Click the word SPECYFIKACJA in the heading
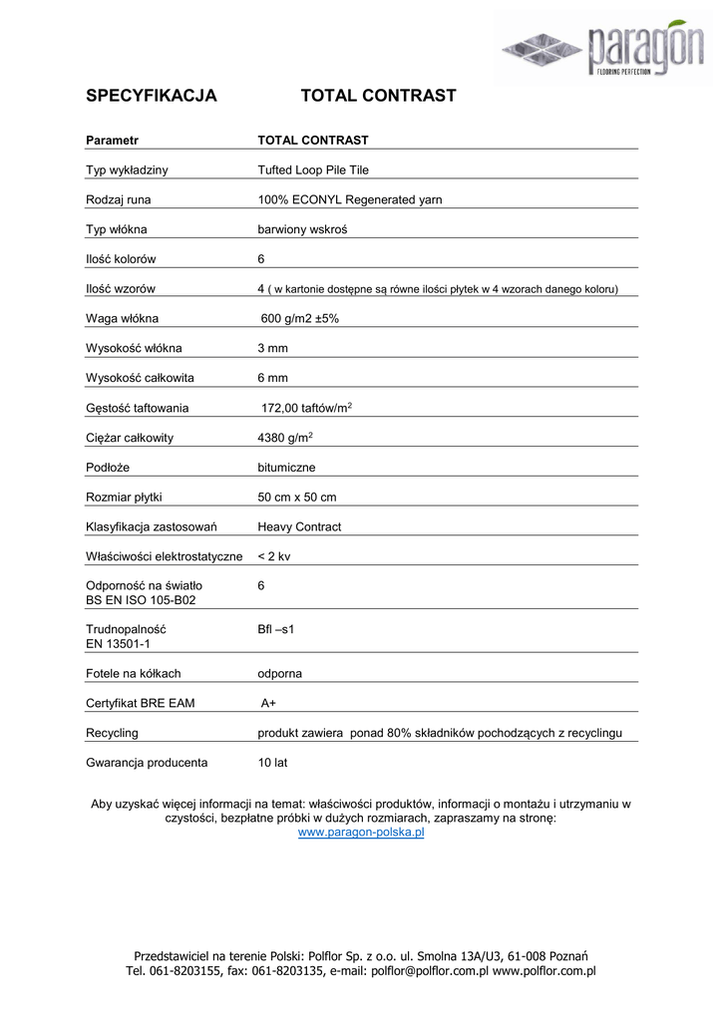tap(152, 96)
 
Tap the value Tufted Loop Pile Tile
tap(313, 170)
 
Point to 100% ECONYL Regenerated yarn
tap(349, 200)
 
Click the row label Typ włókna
tap(117, 230)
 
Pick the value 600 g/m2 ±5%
tap(306, 319)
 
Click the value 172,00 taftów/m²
tap(305, 408)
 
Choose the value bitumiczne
tap(286, 468)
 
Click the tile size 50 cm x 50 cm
tap(296, 498)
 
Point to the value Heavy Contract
tap(299, 526)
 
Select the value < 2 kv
tap(274, 556)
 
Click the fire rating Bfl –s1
tap(277, 630)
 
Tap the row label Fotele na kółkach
tap(134, 674)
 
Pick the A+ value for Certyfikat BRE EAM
tap(268, 704)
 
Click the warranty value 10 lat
tap(272, 763)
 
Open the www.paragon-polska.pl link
tap(361, 832)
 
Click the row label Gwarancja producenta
tap(147, 763)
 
